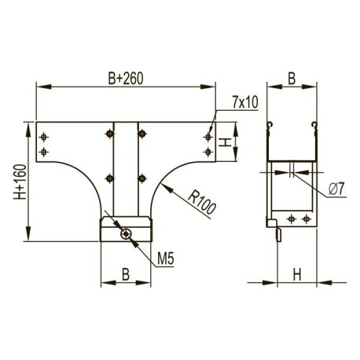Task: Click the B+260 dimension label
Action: point(126,78)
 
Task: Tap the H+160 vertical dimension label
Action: point(20,182)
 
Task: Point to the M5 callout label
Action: point(166,259)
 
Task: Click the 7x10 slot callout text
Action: point(245,102)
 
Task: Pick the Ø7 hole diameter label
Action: point(336,189)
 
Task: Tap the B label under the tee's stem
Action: point(126,274)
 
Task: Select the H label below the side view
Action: point(297,274)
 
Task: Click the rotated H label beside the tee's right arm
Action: point(225,142)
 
